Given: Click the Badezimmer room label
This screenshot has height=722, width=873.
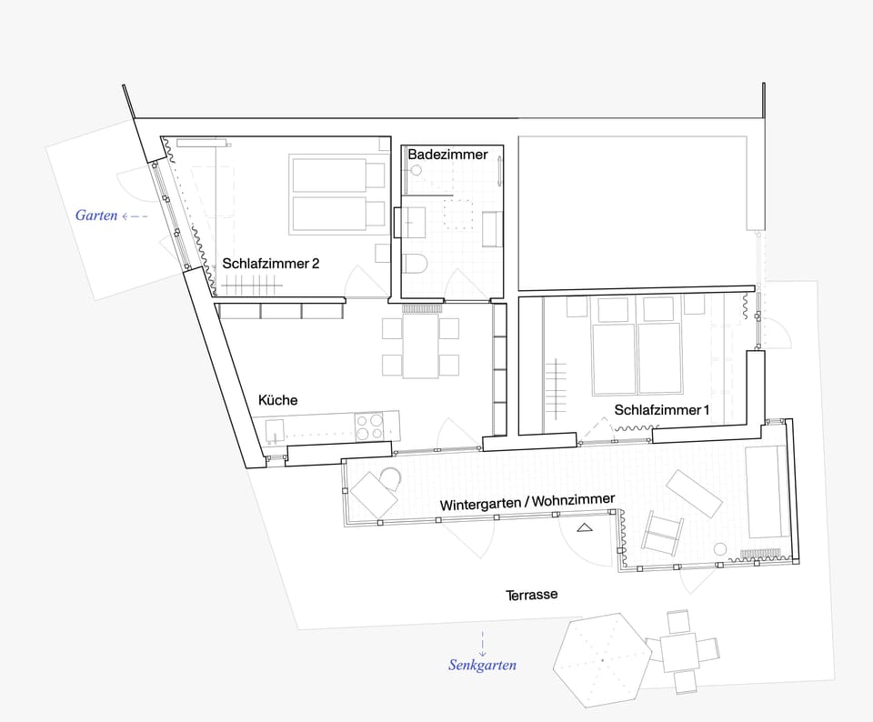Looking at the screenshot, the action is (x=447, y=155).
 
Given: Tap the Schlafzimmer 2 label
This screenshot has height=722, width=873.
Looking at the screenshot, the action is (x=271, y=264).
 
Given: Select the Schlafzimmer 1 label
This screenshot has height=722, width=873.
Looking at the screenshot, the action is (x=661, y=410).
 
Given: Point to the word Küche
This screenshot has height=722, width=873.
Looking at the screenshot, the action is (x=278, y=400).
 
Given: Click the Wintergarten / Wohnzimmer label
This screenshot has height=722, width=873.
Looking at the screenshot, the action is (x=527, y=502).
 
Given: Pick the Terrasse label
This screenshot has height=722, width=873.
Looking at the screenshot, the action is (x=531, y=595).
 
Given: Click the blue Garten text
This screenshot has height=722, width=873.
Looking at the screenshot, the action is (x=96, y=216).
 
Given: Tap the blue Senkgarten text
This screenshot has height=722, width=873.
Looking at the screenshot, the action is (x=482, y=665).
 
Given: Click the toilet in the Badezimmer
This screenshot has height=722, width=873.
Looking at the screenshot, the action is (x=415, y=264).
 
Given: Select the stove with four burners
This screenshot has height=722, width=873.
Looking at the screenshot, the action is (x=370, y=427).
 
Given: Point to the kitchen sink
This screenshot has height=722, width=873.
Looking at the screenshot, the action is (x=275, y=431).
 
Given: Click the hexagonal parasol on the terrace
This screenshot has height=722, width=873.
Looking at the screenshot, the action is (x=602, y=660).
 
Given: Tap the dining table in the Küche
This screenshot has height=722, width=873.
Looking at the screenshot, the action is (x=421, y=346).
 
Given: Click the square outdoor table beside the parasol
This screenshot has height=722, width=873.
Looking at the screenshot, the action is (x=678, y=652).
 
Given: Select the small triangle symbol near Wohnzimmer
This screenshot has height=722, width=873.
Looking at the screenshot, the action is (x=584, y=527).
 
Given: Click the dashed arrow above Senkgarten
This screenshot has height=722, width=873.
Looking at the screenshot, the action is (x=482, y=644).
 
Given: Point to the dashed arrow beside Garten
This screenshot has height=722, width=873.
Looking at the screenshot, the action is (x=135, y=216).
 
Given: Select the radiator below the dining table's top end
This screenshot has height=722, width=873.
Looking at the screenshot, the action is (x=422, y=308).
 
